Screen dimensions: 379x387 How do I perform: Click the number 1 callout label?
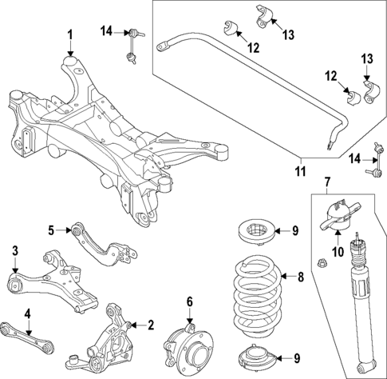(x=69, y=34)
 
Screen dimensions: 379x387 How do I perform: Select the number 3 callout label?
(x=15, y=253)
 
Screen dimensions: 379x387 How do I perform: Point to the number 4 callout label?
(x=27, y=314)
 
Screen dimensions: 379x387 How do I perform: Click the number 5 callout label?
(x=50, y=230)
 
